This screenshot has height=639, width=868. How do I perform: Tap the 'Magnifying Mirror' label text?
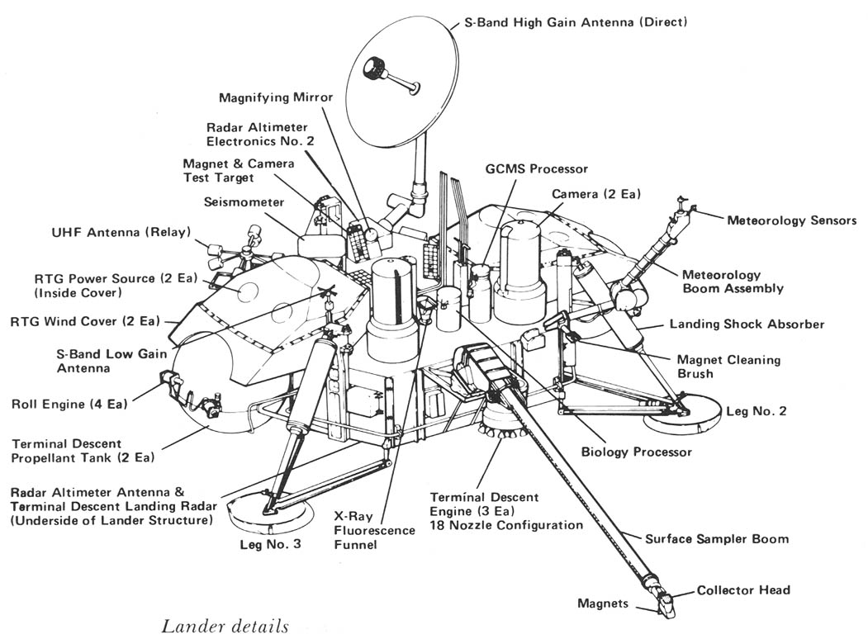(276, 97)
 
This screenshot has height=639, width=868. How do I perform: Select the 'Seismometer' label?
(244, 202)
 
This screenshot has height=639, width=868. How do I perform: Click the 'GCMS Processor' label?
(537, 168)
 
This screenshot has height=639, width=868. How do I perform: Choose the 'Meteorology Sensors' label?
(791, 220)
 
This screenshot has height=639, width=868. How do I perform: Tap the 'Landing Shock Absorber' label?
(747, 324)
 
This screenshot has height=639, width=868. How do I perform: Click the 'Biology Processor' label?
(637, 452)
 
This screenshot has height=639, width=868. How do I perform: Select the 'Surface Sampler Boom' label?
(716, 538)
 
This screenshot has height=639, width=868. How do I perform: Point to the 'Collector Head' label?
(743, 589)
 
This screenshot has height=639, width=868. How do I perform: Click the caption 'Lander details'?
(225, 626)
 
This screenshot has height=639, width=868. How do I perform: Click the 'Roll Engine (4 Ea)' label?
(70, 405)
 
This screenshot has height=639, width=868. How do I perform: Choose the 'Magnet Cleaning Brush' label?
(728, 367)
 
